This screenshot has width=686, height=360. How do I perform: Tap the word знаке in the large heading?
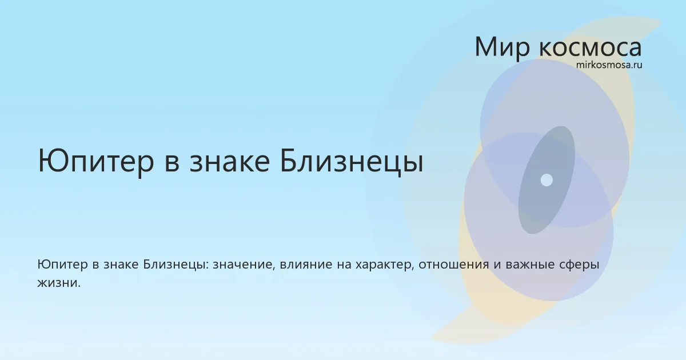point(230,162)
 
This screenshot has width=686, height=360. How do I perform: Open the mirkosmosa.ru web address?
point(609,65)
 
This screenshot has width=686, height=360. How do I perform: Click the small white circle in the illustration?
point(547,180)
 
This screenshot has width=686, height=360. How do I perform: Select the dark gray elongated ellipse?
point(547,180)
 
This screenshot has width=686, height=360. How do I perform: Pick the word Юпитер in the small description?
point(62,265)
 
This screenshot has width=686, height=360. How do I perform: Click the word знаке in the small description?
point(121,265)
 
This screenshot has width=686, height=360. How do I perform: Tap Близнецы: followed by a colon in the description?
point(176,265)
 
